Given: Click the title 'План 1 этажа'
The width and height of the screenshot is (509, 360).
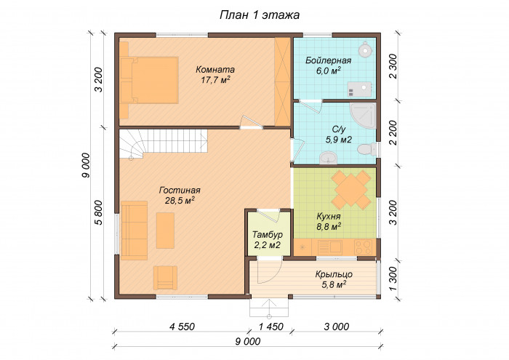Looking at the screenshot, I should tap(260, 15).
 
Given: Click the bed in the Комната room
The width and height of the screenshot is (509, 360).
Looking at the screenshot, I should tap(151, 79).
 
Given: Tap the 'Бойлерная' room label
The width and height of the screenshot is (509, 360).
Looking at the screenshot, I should tap(334, 60).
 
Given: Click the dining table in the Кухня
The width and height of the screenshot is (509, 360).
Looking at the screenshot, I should tap(350, 190).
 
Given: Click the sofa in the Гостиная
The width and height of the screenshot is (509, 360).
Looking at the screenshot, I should tap(134, 230).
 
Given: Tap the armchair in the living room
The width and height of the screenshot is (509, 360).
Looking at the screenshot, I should tap(164, 277).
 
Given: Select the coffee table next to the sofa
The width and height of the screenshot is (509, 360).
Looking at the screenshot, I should tap(165, 230).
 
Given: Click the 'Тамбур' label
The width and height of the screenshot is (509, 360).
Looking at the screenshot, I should tap(267, 235).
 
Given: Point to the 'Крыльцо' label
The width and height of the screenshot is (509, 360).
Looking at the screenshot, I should tap(334, 274).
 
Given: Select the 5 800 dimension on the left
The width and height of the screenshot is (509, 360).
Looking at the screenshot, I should tap(99, 212).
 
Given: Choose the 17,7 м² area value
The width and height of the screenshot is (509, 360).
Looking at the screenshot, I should tap(215, 80).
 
